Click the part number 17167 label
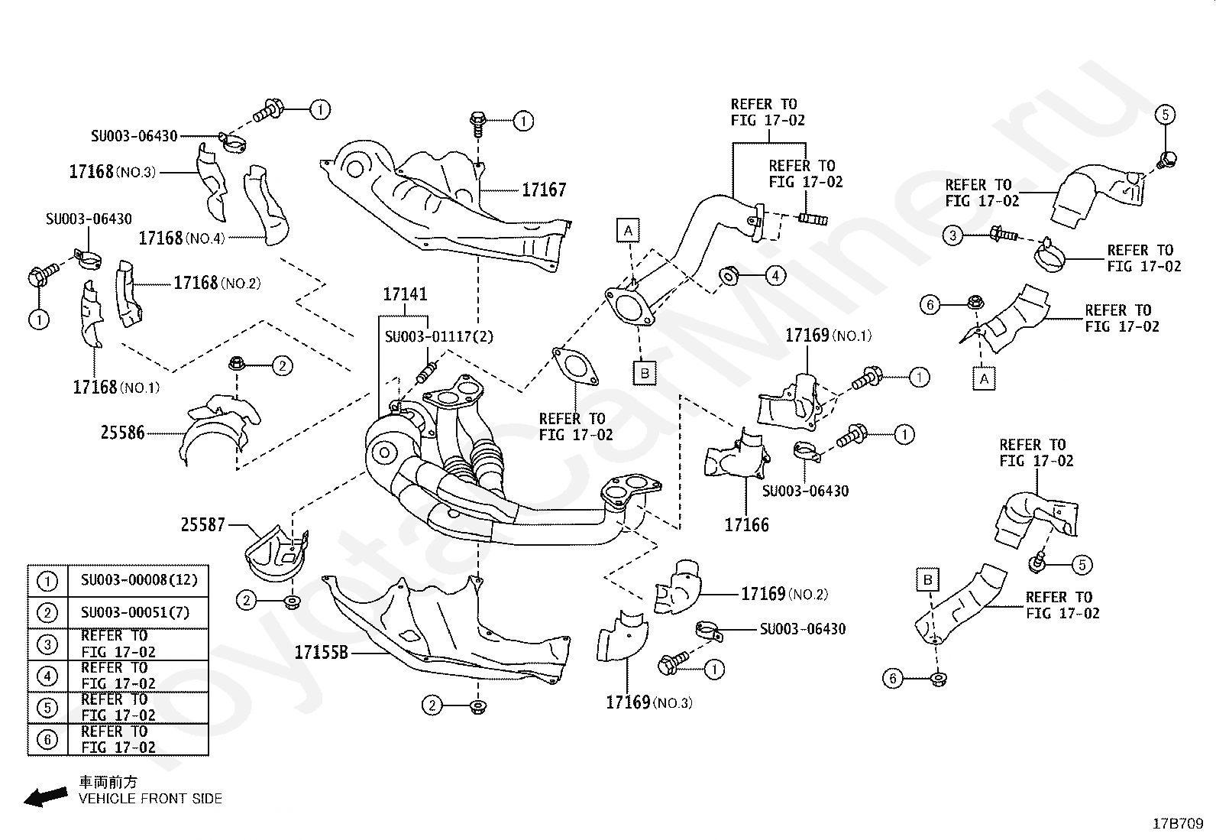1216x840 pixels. [x=544, y=190]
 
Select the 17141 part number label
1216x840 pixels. [x=405, y=294]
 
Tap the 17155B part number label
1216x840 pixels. [x=321, y=652]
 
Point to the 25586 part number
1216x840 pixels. [x=123, y=433]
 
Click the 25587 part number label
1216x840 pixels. [x=202, y=524]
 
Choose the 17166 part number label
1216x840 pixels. [x=746, y=524]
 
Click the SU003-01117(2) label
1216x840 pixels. [x=439, y=337]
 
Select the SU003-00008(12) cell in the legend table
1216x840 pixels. [x=139, y=580]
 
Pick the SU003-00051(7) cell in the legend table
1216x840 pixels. [x=135, y=613]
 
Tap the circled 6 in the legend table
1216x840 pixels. [x=47, y=739]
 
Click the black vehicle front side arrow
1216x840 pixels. [x=46, y=797]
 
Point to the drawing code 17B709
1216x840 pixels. [x=1178, y=824]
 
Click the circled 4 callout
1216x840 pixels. [x=775, y=276]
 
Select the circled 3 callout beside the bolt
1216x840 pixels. [x=952, y=236]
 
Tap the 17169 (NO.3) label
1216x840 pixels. [x=649, y=702]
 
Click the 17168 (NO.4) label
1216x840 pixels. [x=182, y=238]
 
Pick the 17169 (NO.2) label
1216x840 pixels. [x=785, y=594]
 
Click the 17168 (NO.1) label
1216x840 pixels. [x=116, y=388]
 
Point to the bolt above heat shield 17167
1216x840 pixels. [x=477, y=123]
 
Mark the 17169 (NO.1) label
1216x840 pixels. [x=829, y=336]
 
